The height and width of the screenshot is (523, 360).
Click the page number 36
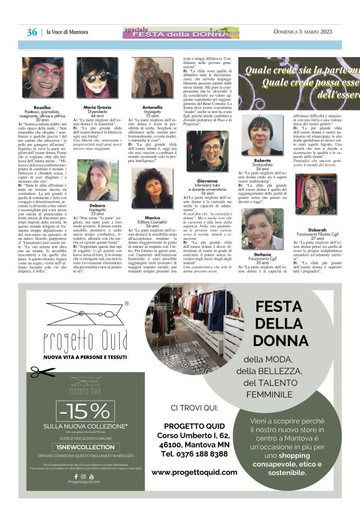pyautogui.click(x=32, y=32)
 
